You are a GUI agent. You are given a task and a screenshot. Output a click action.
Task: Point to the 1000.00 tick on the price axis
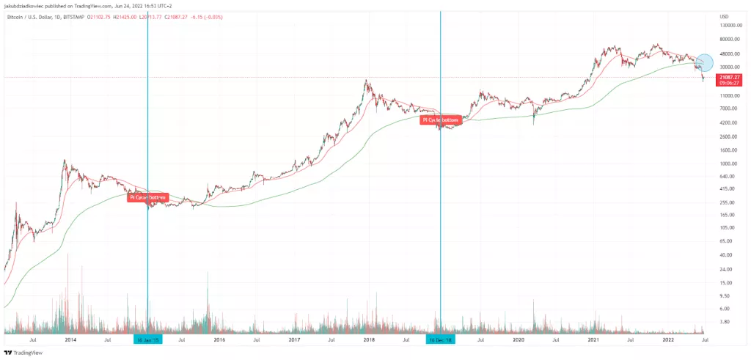tap(729, 164)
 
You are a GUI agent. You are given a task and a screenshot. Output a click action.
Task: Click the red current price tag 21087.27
tap(730, 76)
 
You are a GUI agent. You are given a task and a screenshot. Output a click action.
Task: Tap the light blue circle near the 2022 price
tap(704, 63)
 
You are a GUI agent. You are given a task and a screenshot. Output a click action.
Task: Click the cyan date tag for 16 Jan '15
tap(147, 340)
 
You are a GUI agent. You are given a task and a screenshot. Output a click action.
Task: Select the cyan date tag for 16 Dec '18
tap(441, 340)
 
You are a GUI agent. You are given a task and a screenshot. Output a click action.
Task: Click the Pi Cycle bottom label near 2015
tap(148, 197)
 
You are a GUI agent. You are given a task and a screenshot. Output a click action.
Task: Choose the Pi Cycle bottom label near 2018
tap(441, 120)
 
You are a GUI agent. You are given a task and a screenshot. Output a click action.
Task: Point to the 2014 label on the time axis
tap(70, 340)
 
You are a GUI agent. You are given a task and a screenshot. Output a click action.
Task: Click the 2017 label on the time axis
tap(294, 340)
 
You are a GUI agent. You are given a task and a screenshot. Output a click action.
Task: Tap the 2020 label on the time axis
tap(519, 340)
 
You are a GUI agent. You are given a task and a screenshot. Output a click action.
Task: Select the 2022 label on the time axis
tap(668, 340)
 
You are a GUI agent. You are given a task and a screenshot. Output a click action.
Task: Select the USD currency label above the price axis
tap(725, 16)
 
